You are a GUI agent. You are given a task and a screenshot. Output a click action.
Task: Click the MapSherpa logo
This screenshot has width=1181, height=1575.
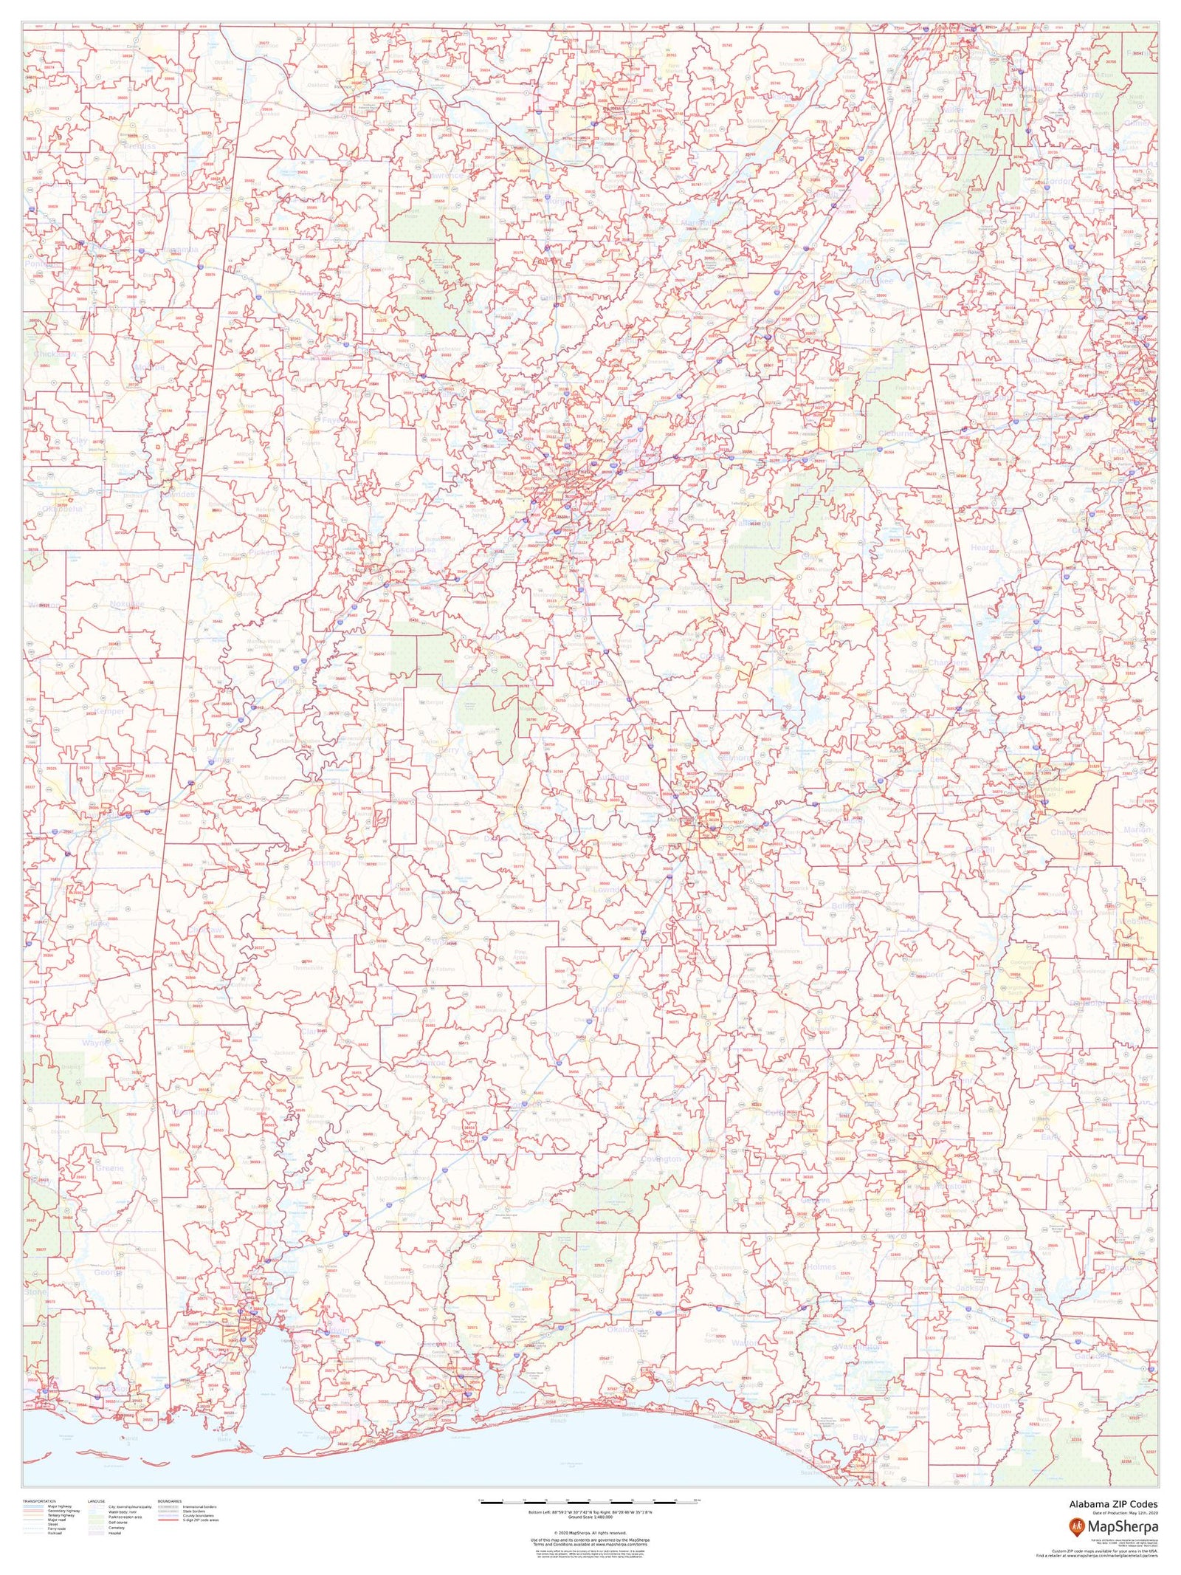tap(1114, 1528)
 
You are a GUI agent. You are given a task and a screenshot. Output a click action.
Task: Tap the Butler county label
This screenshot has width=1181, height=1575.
tap(604, 1009)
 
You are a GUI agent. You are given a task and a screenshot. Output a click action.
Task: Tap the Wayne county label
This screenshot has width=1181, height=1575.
tap(94, 1043)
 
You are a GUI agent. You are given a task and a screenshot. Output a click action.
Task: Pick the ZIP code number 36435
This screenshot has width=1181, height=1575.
tap(408, 973)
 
